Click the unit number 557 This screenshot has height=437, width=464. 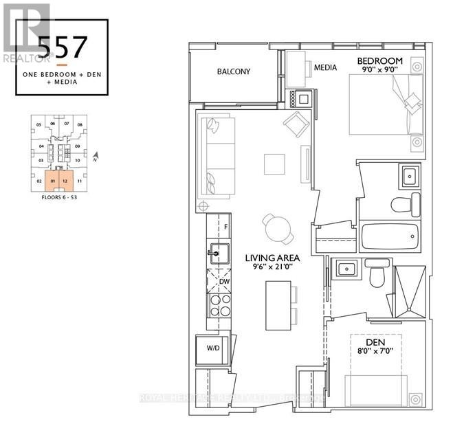(62, 47)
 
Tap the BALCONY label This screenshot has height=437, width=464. (234, 71)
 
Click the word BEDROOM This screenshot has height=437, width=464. (379, 61)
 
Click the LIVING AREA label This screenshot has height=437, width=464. (273, 258)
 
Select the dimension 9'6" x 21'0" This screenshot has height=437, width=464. (273, 269)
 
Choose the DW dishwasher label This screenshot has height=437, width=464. (224, 282)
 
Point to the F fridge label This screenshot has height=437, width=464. (225, 225)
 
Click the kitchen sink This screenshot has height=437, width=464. (217, 254)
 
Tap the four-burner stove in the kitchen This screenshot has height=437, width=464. (219, 305)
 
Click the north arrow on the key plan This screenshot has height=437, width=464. (96, 158)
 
